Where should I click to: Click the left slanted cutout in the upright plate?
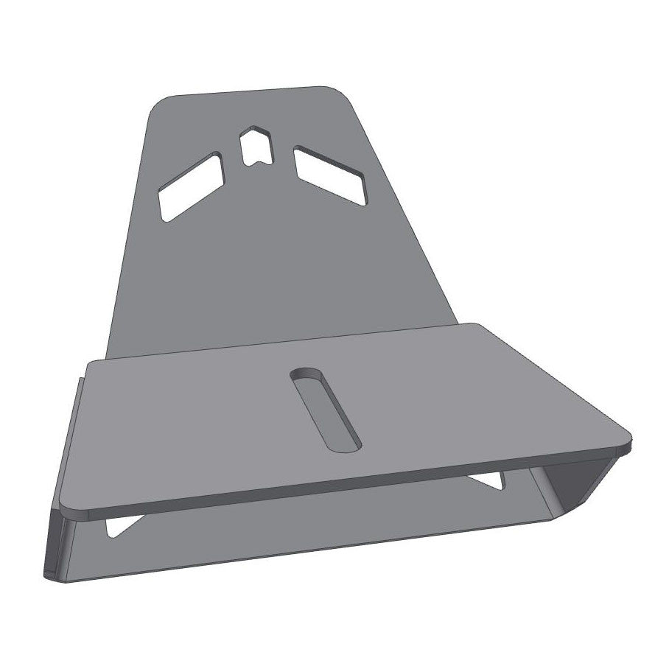pos(190,188)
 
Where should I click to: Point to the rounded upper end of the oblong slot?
pos(306,373)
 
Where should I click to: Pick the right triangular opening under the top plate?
pos(488,481)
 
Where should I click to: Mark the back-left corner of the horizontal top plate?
pos(89,363)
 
